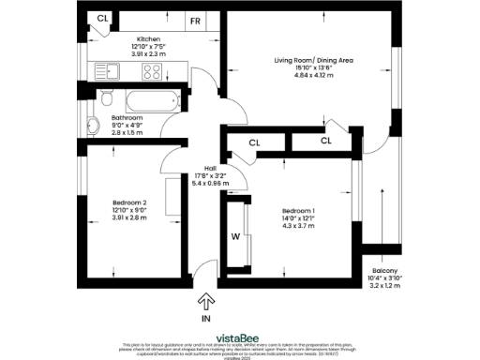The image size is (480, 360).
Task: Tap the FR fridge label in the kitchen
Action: [x=196, y=19]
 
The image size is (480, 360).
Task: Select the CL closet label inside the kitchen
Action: [x=102, y=18]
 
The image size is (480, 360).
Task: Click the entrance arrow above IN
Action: [x=206, y=301]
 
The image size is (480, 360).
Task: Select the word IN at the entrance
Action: [x=206, y=319]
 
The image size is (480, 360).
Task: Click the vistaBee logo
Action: [x=239, y=333]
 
